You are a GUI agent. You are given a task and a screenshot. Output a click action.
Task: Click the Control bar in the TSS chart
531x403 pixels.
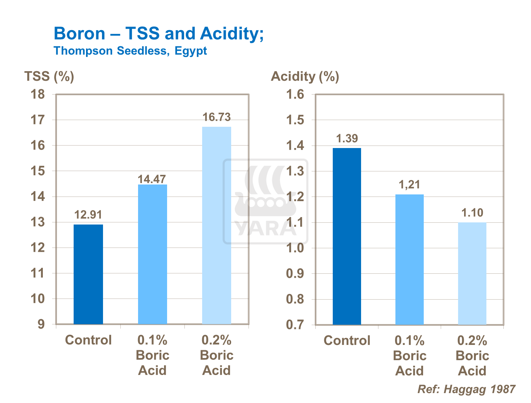88,274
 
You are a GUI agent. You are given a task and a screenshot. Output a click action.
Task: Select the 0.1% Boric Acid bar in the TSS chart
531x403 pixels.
152,254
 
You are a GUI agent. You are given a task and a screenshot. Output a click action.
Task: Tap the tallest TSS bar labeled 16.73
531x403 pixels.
216,225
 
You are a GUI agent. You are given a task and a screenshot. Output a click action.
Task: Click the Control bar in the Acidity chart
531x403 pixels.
347,236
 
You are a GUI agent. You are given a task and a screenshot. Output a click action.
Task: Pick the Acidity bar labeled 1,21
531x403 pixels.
409,259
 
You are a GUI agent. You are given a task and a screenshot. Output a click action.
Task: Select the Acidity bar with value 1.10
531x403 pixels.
472,273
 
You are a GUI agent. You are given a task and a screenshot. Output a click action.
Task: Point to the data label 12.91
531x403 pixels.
88,215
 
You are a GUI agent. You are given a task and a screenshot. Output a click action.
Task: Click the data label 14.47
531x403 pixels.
152,179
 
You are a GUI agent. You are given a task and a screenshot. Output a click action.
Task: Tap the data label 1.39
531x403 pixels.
347,138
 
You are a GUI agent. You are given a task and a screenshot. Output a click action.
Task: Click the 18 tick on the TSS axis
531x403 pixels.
38,95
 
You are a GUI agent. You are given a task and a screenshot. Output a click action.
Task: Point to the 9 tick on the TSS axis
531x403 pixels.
41,324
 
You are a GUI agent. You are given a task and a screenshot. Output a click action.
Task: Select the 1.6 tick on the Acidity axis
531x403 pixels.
295,95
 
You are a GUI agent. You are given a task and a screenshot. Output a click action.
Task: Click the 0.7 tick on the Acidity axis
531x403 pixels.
295,325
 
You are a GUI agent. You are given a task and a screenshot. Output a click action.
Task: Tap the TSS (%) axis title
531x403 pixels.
49,76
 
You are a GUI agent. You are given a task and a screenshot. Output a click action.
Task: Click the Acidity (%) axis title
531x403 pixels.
305,76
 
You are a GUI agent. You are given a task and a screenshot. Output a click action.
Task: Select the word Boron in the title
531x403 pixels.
80,34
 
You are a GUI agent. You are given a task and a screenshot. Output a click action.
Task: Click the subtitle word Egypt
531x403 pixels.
190,51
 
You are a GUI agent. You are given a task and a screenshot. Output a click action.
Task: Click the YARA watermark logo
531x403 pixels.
265,202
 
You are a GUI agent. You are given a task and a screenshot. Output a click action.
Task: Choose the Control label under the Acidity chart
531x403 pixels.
347,340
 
